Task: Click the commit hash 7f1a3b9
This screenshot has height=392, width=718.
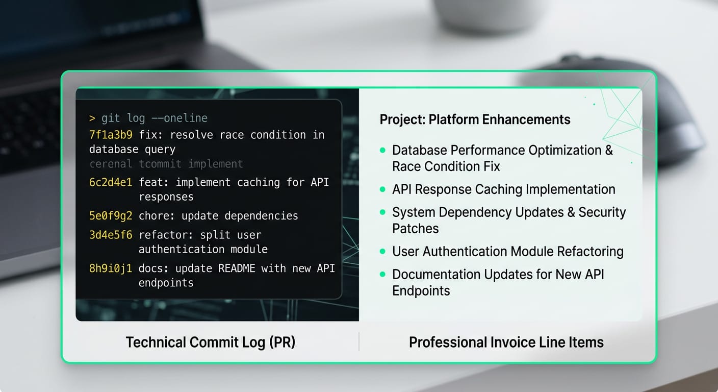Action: tap(111, 135)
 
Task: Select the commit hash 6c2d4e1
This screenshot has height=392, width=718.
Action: tap(111, 182)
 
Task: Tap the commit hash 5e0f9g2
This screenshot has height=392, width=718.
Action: tap(111, 215)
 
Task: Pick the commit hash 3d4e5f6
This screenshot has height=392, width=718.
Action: tap(111, 235)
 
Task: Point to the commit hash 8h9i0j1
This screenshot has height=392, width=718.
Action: tap(111, 268)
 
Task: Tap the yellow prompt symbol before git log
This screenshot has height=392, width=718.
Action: tap(92, 118)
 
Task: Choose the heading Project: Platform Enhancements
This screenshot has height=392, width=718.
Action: tap(475, 119)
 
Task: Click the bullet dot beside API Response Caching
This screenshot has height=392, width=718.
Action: tap(382, 189)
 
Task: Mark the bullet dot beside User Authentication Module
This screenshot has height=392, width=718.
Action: tap(382, 252)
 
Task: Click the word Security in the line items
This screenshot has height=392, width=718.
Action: tap(598, 212)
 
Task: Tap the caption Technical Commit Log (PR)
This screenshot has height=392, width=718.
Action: tap(210, 342)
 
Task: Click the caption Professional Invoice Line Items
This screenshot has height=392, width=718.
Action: tap(506, 342)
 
